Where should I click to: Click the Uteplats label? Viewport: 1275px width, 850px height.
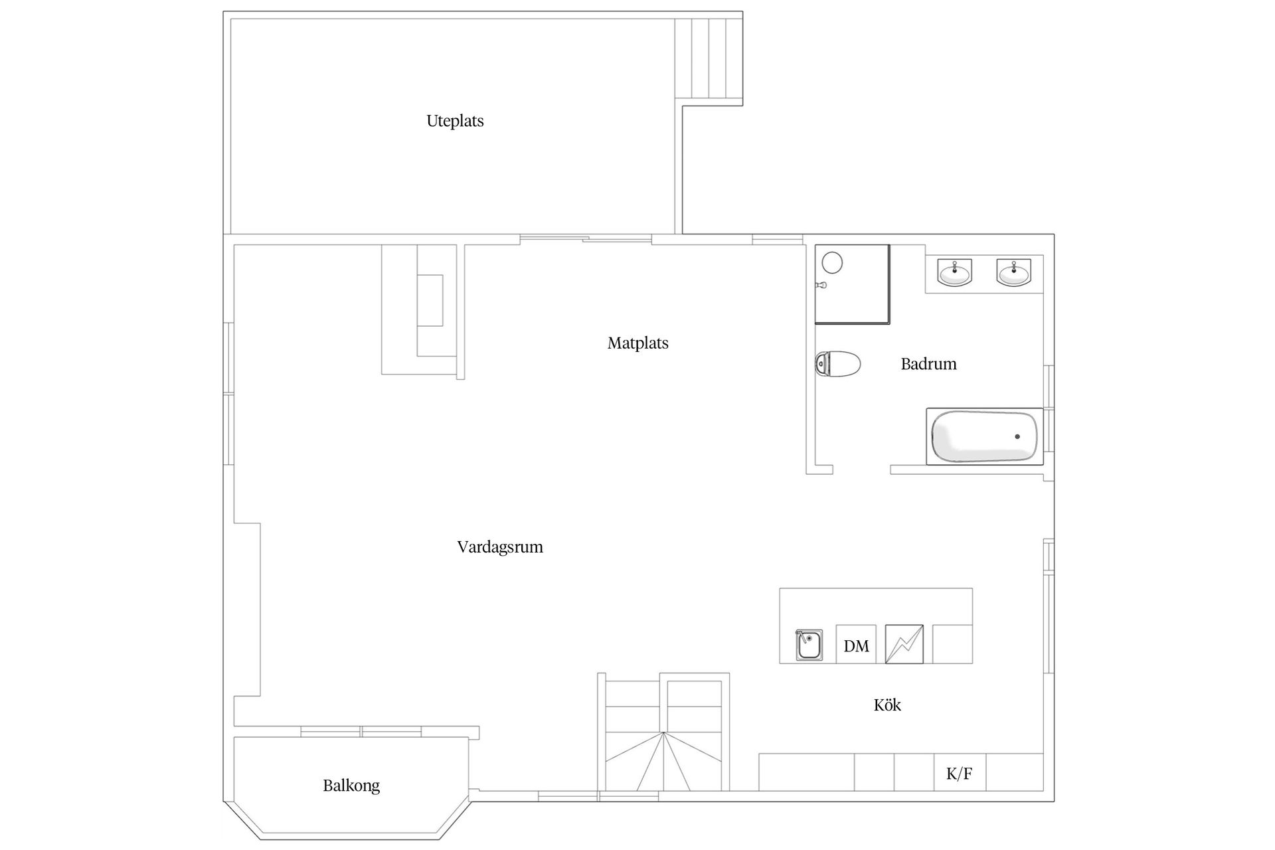coord(455,122)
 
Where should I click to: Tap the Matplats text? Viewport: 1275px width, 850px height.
coord(637,343)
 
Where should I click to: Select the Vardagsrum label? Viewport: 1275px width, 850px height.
coord(500,547)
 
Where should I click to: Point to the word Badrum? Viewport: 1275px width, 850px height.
coord(928,364)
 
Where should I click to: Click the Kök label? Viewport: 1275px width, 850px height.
coord(887,705)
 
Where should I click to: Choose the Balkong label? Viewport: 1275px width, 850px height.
coord(351,786)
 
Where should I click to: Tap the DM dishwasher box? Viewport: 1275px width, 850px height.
coord(856,644)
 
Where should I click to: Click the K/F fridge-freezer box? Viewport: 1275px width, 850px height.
coord(960,772)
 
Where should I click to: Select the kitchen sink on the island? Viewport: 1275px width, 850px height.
coord(809,645)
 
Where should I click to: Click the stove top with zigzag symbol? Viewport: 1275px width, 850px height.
coord(904,644)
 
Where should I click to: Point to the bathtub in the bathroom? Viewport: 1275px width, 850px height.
coord(984,436)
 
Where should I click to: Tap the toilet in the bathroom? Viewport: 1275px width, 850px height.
coord(837,364)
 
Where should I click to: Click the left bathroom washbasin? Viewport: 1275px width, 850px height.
coord(954,272)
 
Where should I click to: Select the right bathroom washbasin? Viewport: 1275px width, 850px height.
coord(1014,272)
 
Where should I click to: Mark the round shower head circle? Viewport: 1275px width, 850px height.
coord(832,263)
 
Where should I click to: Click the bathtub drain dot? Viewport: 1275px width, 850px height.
coord(1017,436)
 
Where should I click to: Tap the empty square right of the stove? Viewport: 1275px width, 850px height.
coord(952,644)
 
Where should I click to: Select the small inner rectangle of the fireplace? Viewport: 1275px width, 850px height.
coord(430,300)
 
